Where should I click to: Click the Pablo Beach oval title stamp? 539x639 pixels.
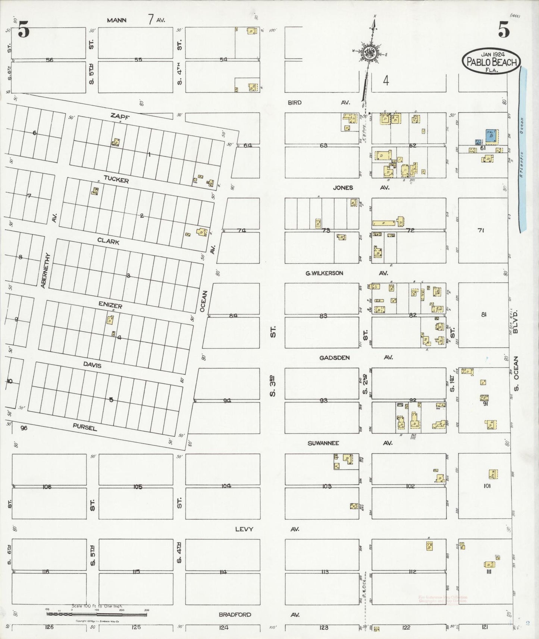point(491,61)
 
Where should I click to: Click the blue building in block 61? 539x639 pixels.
point(491,136)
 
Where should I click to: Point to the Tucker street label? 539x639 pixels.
point(116,180)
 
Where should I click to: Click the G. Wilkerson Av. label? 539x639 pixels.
point(324,273)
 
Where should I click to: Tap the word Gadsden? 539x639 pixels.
point(335,358)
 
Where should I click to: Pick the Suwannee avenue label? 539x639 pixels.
point(323,443)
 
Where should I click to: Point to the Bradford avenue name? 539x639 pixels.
point(235,614)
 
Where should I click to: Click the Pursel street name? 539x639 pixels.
point(84,427)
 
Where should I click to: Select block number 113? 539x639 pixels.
point(324,572)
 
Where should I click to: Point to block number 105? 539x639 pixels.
point(138,487)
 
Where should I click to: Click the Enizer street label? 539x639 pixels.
point(110,305)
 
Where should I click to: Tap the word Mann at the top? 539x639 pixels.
point(116,20)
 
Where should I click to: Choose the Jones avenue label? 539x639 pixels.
point(343,188)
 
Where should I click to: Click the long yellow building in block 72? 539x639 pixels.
point(384,223)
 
